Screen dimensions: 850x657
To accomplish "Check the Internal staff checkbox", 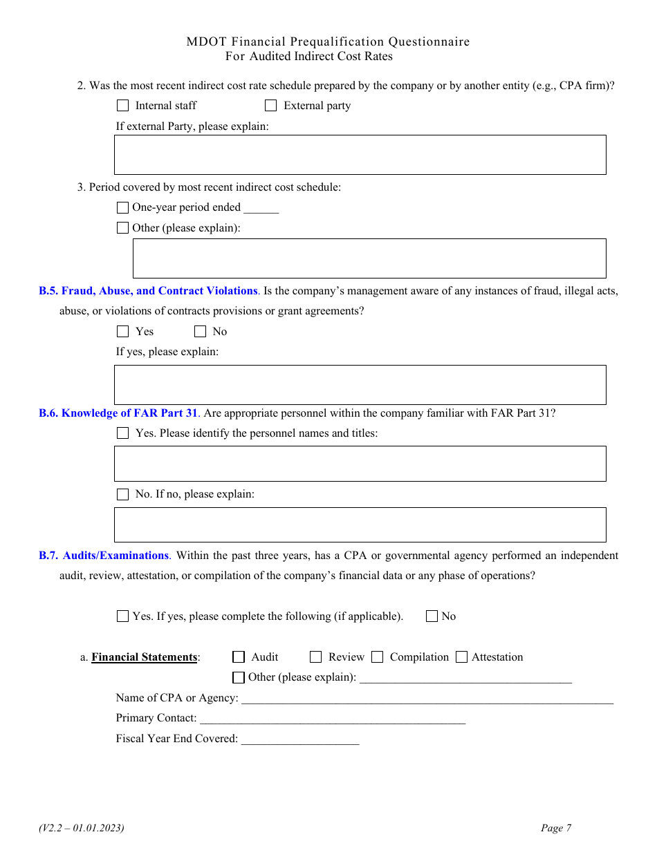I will click(122, 106).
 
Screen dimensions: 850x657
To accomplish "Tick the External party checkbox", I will click(271, 106).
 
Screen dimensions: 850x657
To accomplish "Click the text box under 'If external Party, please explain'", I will click(360, 154).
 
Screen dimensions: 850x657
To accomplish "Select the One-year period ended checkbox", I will click(122, 207).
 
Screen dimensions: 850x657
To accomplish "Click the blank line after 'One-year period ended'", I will click(261, 209).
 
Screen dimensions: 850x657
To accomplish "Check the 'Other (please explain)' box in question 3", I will click(122, 227).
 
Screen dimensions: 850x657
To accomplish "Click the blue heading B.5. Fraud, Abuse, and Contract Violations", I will click(148, 291).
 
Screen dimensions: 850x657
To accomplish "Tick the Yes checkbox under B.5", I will click(122, 332).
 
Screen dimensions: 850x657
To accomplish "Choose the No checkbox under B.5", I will click(200, 332).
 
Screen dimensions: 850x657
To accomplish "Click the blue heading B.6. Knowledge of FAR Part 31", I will click(118, 413).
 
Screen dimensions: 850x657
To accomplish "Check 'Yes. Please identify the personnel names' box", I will click(122, 433).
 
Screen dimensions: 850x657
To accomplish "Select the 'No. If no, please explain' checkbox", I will click(122, 494).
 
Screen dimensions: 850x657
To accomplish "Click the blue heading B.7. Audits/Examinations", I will click(104, 556).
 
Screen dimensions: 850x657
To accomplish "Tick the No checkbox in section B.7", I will click(432, 616).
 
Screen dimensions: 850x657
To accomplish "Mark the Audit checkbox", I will click(239, 657).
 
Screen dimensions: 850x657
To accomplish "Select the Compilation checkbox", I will click(377, 657).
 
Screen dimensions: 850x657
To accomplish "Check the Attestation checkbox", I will click(461, 657).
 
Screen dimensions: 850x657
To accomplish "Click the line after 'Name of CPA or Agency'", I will click(427, 699).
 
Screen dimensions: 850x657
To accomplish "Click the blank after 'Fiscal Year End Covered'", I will click(300, 740).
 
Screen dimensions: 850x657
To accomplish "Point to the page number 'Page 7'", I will click(555, 828).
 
